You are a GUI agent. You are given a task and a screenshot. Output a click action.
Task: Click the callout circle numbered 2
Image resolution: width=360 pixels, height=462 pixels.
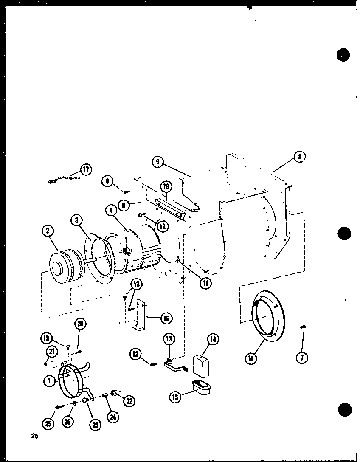[47, 231]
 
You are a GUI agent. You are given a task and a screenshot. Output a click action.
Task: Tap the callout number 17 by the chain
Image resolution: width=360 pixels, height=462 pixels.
[86, 170]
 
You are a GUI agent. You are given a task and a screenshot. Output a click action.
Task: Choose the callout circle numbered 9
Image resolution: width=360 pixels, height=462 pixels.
[157, 161]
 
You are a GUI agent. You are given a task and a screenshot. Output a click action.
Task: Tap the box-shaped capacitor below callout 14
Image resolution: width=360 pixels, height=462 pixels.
[201, 366]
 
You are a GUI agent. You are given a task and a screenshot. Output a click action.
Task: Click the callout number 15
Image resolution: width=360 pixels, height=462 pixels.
[175, 397]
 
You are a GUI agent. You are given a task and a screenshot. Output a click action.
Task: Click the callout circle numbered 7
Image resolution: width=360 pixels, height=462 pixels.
[302, 358]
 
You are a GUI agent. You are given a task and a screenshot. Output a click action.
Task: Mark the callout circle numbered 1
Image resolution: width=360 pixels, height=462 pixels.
[50, 381]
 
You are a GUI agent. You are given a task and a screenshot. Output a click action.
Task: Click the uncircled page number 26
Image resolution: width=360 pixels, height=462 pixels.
[34, 436]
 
